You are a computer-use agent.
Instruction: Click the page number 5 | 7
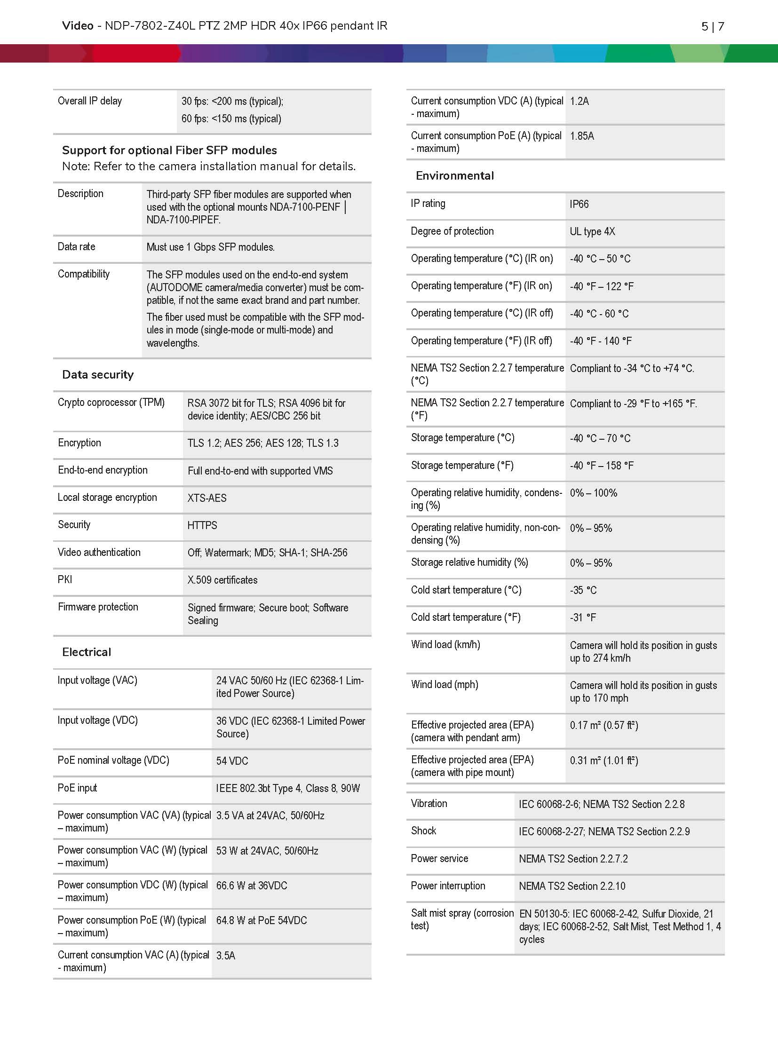click(712, 26)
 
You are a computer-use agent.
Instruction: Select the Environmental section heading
click(454, 176)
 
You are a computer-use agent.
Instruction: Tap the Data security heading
click(98, 375)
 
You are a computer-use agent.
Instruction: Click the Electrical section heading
click(87, 652)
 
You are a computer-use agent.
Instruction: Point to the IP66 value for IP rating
click(579, 204)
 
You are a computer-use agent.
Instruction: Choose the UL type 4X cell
click(592, 231)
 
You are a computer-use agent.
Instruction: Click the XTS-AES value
click(207, 498)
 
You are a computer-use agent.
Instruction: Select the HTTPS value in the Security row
click(202, 525)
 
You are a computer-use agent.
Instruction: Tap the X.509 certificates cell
click(222, 580)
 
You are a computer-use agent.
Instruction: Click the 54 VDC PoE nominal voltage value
click(232, 761)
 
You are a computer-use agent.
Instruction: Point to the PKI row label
click(65, 579)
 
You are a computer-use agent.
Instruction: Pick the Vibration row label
click(429, 803)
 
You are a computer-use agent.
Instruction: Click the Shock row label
click(423, 831)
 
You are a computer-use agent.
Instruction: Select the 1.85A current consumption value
click(582, 136)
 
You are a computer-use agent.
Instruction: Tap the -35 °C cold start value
click(583, 590)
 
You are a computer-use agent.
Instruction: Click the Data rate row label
click(76, 246)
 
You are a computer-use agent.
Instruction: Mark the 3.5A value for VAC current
click(226, 956)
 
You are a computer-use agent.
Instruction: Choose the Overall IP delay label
click(90, 101)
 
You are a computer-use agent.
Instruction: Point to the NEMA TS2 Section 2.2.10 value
click(572, 886)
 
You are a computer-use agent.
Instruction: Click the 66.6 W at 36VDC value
click(252, 886)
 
